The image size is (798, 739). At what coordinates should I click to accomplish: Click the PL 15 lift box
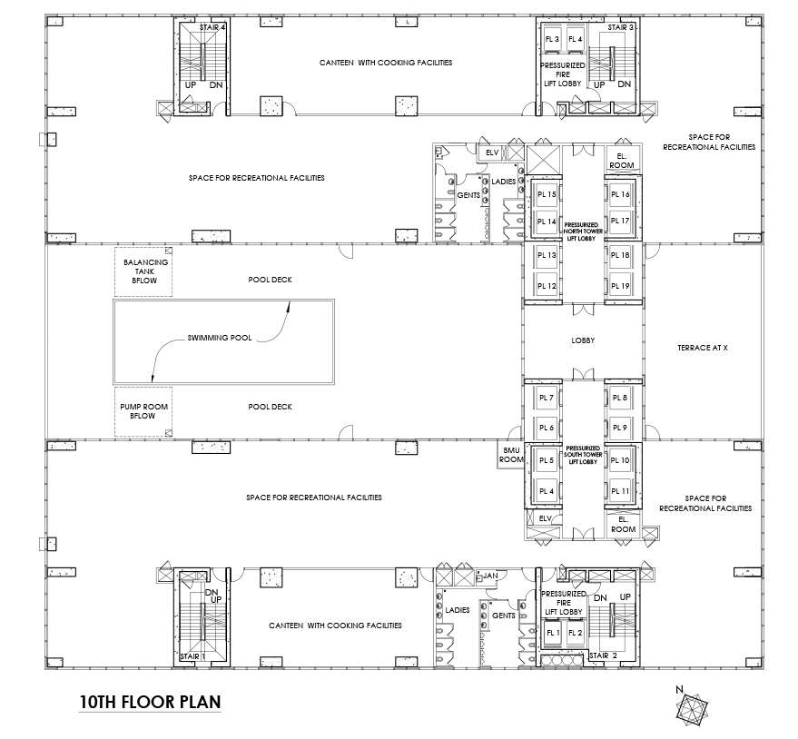point(547,194)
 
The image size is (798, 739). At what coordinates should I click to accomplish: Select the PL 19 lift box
point(620,286)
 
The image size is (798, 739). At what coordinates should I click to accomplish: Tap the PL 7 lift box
point(547,398)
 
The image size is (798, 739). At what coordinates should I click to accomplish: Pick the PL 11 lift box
point(620,491)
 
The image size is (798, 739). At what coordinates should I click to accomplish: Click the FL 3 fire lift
point(552,40)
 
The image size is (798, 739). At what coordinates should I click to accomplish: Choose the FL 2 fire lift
point(574,632)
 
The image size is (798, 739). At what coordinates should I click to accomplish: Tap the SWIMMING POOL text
point(219,338)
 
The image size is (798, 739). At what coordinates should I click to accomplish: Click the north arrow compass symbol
point(694,706)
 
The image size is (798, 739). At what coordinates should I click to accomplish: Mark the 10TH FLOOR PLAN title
point(150,702)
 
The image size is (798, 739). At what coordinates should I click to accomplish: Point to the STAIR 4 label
point(214,28)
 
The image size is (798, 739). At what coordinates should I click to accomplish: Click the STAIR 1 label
point(192,655)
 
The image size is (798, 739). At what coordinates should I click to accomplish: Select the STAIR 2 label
point(604,655)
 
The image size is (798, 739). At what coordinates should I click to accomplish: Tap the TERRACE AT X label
point(703,348)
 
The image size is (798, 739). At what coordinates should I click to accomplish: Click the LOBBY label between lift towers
point(582,342)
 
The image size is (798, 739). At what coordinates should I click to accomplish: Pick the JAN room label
point(491,576)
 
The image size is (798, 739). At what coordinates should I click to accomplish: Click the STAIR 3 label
point(620,28)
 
